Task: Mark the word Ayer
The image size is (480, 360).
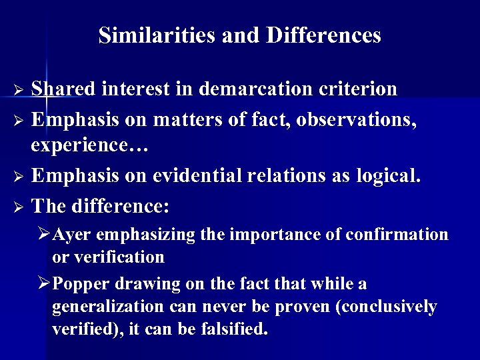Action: pyautogui.click(x=69, y=235)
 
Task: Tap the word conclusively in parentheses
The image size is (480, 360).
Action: pyautogui.click(x=384, y=307)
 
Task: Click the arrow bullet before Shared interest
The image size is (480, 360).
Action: pyautogui.click(x=19, y=89)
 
